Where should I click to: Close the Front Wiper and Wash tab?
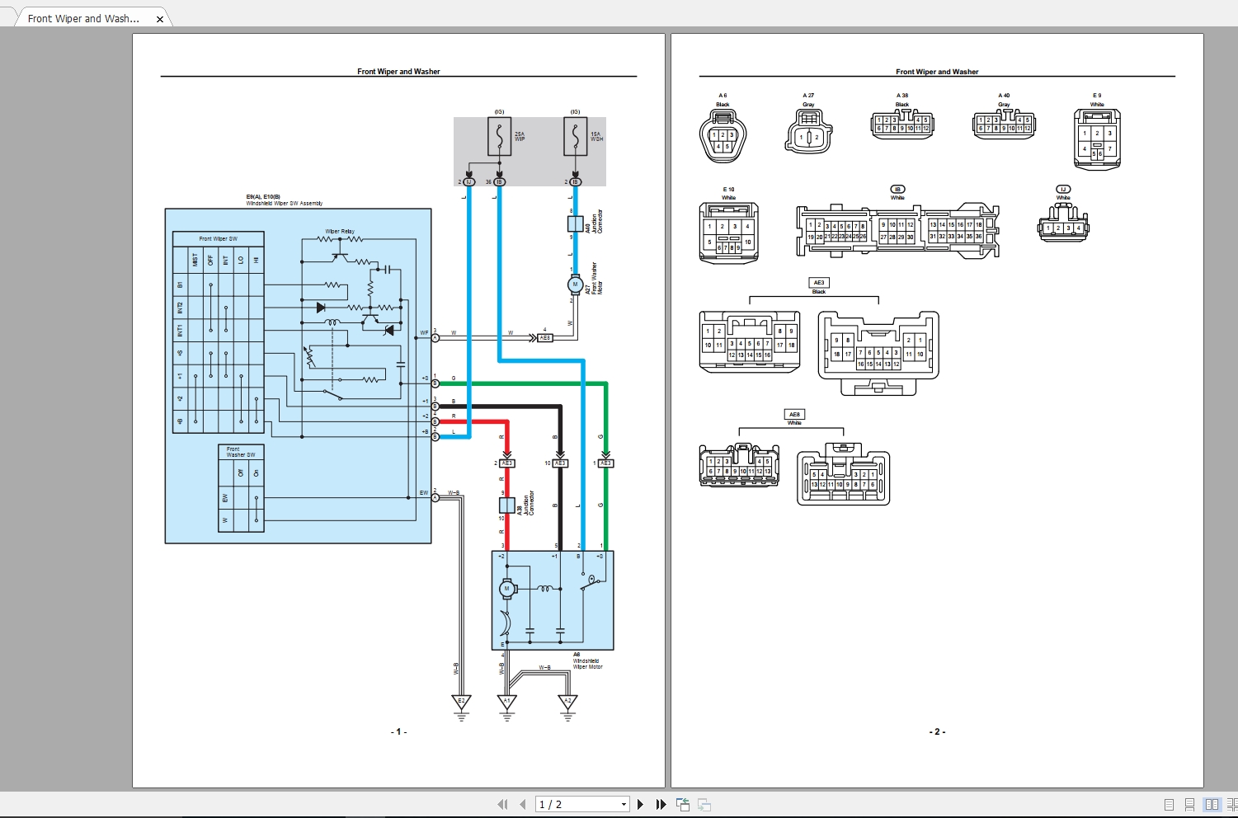click(x=160, y=18)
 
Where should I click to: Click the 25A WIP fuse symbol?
click(x=499, y=137)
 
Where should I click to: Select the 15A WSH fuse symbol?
click(x=575, y=137)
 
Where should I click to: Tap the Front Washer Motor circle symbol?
click(x=575, y=284)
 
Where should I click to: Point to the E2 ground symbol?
click(x=461, y=703)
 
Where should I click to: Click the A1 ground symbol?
click(x=507, y=703)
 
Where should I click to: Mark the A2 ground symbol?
click(x=567, y=703)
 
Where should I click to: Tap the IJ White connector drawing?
click(x=1063, y=227)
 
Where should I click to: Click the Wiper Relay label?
click(x=339, y=232)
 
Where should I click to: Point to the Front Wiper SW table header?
click(x=218, y=239)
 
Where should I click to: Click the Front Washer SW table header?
click(x=241, y=452)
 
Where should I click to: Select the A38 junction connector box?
click(x=507, y=505)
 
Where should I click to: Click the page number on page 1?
click(x=398, y=731)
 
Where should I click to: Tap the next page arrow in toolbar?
click(x=641, y=804)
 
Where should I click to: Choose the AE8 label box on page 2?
click(x=794, y=415)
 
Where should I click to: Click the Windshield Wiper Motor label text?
click(x=587, y=664)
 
